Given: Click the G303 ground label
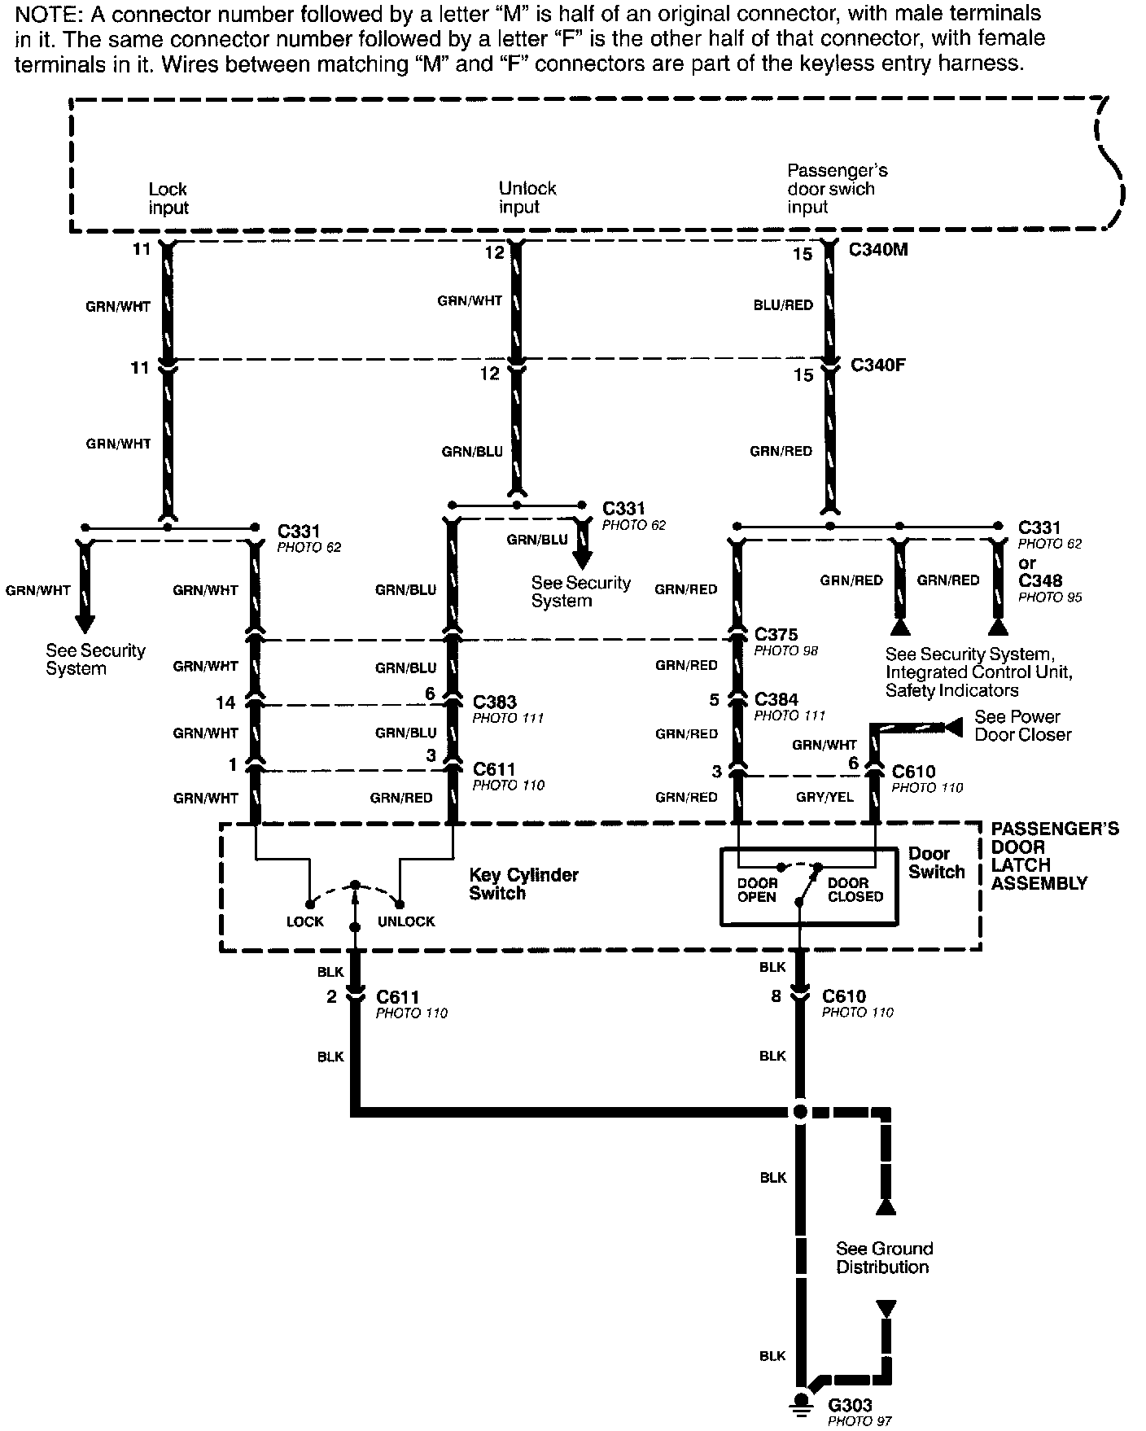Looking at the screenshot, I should coord(850,1405).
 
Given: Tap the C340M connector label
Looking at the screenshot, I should coord(878,250).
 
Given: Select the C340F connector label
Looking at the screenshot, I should coord(877,365).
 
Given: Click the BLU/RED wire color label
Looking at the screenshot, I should coord(783,305).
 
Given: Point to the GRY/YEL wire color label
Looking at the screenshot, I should coord(825,797).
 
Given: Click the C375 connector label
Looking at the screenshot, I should coord(776,634).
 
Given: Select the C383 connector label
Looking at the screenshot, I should coord(494,702).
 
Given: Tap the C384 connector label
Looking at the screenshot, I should coord(776,699).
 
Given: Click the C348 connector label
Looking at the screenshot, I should coord(1039,581).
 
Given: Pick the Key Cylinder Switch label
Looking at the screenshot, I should coord(523,884).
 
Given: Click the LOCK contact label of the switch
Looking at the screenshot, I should coord(304,921).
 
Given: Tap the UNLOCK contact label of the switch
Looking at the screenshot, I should coord(406,921).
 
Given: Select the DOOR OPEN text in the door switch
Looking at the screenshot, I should coord(757,890).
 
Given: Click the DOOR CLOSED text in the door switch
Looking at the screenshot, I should coord(855,890).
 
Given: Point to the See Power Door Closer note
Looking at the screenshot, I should coord(1022,725).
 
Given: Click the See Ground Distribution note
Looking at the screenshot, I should coord(883,1258).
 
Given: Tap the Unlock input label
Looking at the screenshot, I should coord(527,198).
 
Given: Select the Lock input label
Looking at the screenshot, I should coord(168,199).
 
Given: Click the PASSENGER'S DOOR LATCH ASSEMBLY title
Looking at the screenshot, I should coord(1054,856).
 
